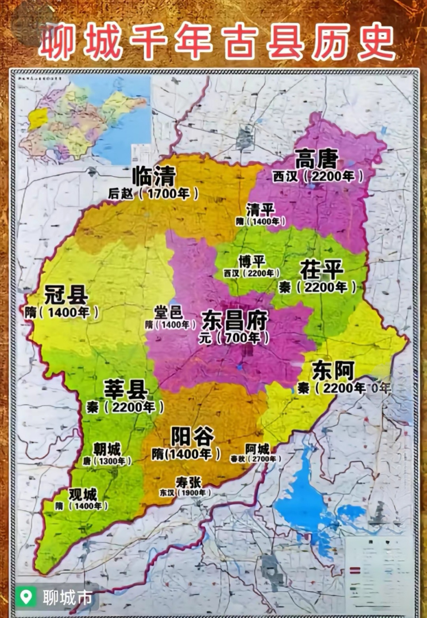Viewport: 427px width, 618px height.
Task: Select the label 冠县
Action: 66,295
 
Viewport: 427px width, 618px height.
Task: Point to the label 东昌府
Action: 235,320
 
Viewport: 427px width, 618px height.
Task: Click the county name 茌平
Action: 322,270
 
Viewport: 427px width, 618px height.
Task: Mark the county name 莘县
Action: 125,390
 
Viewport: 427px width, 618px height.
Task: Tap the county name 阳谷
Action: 192,437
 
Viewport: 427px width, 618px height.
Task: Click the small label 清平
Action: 260,210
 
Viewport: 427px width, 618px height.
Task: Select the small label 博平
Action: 252,261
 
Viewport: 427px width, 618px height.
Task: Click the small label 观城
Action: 83,494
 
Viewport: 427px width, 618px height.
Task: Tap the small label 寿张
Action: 188,481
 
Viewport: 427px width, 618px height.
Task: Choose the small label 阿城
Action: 257,449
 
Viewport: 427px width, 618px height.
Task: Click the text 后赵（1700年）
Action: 154,194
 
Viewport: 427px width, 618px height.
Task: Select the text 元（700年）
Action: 235,337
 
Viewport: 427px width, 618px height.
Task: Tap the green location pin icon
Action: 26,597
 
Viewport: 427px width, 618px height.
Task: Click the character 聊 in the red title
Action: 57,42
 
